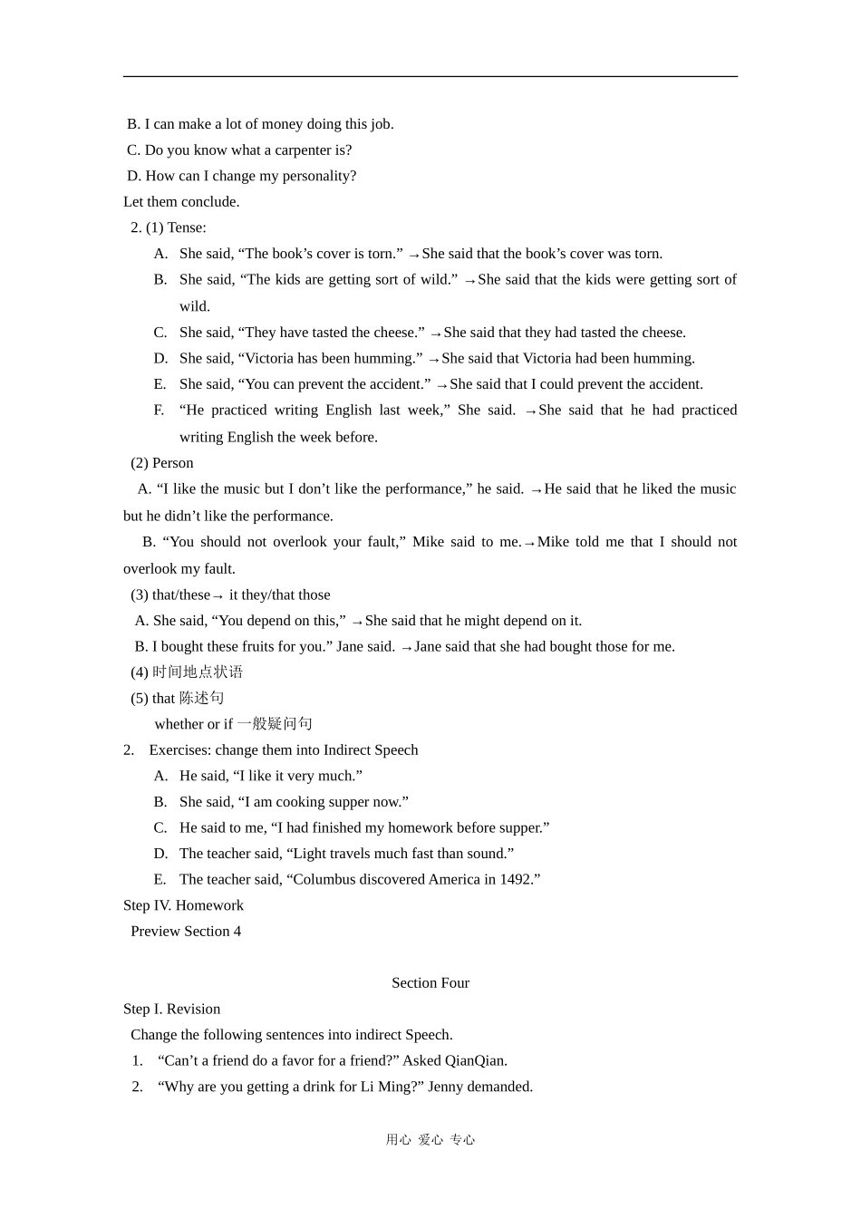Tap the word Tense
click(x=186, y=227)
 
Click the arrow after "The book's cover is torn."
click(x=413, y=256)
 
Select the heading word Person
click(x=172, y=463)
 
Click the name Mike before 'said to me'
click(x=428, y=542)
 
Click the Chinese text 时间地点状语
click(x=198, y=672)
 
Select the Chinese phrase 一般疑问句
click(x=275, y=724)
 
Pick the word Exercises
click(x=179, y=750)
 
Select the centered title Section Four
click(x=430, y=983)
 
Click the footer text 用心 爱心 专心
click(x=430, y=1140)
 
